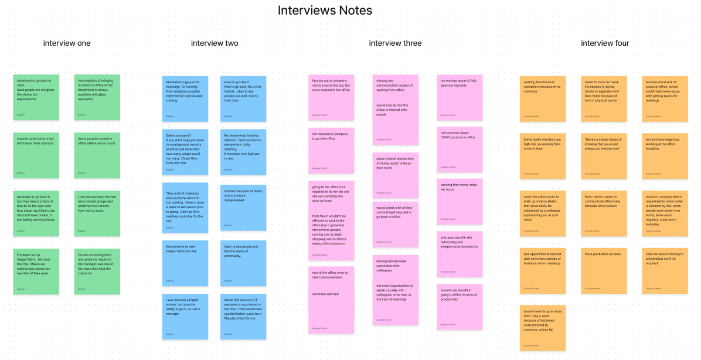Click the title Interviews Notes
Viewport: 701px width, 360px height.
pyautogui.click(x=325, y=11)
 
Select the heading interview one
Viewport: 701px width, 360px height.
pyautogui.click(x=67, y=43)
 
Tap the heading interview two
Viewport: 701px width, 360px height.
pyautogui.click(x=215, y=43)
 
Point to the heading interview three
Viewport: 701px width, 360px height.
pyautogui.click(x=395, y=43)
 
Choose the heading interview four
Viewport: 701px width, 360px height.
pyautogui.click(x=605, y=43)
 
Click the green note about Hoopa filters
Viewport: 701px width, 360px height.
pyautogui.click(x=36, y=271)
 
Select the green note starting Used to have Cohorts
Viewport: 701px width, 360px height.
pyautogui.click(x=36, y=155)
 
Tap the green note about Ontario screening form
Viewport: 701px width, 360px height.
pyautogui.click(x=97, y=271)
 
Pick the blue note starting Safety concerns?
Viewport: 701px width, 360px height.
pyautogui.click(x=185, y=152)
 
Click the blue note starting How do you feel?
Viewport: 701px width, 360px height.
pyautogui.click(x=243, y=98)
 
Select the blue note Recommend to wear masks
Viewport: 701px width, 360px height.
pyautogui.click(x=185, y=263)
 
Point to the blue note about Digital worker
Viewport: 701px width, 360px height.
pyautogui.click(x=185, y=316)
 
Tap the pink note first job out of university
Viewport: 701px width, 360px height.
pyautogui.click(x=331, y=98)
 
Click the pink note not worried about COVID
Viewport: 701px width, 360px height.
pyautogui.click(x=460, y=97)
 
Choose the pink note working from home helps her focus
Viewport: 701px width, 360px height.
pyautogui.click(x=460, y=201)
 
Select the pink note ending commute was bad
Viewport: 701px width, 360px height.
pyautogui.click(x=331, y=300)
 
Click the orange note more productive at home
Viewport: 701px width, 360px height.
pyautogui.click(x=604, y=271)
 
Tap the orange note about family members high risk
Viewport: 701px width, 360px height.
pyautogui.click(x=543, y=155)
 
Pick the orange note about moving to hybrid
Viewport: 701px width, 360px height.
pyautogui.click(x=665, y=271)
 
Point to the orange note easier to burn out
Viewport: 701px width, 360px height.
pyautogui.click(x=604, y=98)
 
